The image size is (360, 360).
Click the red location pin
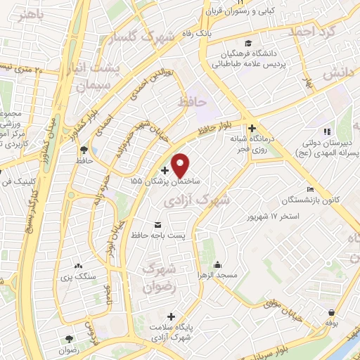[180, 165]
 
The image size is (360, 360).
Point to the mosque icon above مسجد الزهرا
[217, 265]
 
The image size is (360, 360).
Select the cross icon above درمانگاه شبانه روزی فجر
[252, 127]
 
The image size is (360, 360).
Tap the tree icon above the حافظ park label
[84, 149]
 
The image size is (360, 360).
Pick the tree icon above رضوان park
[68, 338]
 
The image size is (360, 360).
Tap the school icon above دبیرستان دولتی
[326, 131]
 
